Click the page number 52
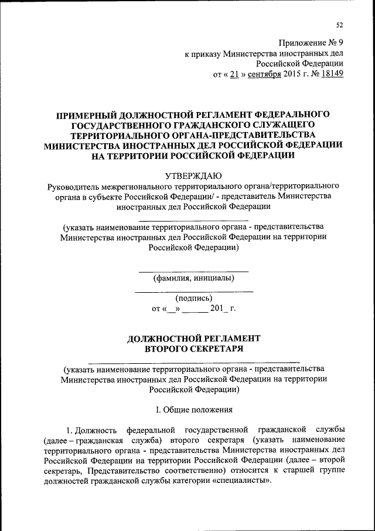tap(339, 25)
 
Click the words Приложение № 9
tap(311, 42)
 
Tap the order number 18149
tap(332, 74)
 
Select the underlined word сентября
tap(264, 74)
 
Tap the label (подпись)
tap(193, 297)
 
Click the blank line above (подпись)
tap(194, 291)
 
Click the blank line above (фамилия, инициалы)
tap(193, 271)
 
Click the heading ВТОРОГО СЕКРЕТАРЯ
tap(193, 349)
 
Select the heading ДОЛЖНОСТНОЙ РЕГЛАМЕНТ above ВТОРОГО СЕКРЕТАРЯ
tap(193, 339)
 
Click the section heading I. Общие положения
tap(193, 409)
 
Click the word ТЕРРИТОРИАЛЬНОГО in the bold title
tap(120, 135)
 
